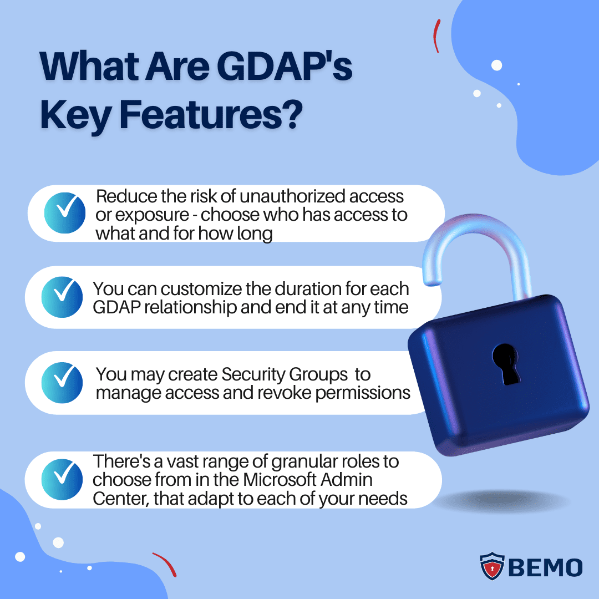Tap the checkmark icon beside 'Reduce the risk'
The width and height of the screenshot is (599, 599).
(64, 213)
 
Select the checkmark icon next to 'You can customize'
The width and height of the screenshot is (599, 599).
(62, 297)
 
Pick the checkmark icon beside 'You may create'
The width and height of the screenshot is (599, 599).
(62, 383)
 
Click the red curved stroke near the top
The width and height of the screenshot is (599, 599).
(437, 36)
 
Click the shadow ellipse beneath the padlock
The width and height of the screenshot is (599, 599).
(502, 502)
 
